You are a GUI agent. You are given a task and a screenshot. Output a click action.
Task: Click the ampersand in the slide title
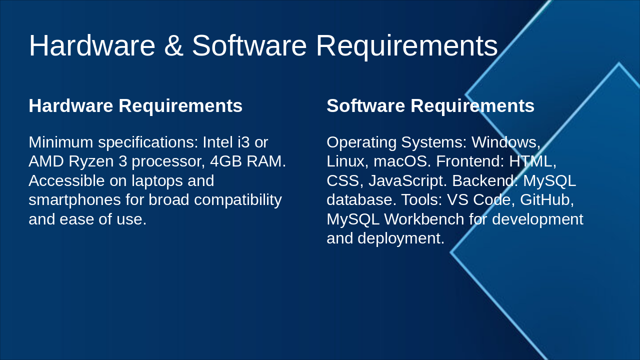[x=173, y=45]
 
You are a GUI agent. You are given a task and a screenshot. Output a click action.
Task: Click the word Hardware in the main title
[x=92, y=45]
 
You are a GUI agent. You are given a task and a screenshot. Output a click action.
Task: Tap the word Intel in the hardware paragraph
[x=217, y=142]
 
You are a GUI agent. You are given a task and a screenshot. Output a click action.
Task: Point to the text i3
[x=243, y=142]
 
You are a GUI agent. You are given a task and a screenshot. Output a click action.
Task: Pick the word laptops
[x=157, y=181]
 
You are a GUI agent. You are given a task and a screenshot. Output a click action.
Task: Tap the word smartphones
[x=74, y=200]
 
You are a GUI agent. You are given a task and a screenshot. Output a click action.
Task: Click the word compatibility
[x=238, y=200]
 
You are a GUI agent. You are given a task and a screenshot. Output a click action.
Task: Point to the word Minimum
[x=61, y=142]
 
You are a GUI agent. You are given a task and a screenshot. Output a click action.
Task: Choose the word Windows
[x=506, y=142]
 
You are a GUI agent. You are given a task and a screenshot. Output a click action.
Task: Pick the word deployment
[x=401, y=238]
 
